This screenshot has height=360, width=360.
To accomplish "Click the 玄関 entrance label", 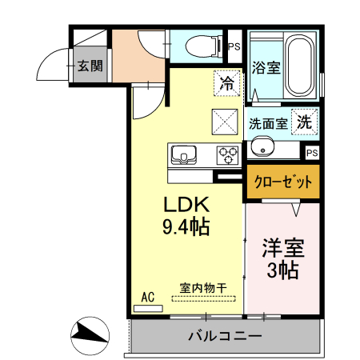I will click(x=89, y=66).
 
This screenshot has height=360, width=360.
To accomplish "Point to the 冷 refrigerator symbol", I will click(x=226, y=82).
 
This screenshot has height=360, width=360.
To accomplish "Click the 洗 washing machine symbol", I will click(x=304, y=123).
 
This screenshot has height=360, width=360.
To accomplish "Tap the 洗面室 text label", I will click(x=267, y=124).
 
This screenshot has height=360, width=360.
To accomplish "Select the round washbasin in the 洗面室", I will click(x=261, y=147).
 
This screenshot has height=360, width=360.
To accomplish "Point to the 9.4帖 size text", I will click(x=186, y=227).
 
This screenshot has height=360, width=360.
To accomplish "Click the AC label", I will click(x=147, y=297).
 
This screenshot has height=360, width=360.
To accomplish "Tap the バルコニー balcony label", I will click(x=225, y=336).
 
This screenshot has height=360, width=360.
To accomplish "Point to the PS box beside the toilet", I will click(x=234, y=47).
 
